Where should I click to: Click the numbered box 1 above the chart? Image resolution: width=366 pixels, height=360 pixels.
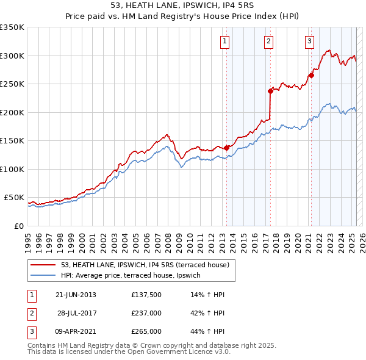[x=224, y=41]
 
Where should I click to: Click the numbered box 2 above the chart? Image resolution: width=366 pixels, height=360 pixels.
[x=268, y=41]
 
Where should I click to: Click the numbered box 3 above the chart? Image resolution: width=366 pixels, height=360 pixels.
[x=309, y=41]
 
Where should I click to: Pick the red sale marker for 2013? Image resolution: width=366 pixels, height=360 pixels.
[x=226, y=148]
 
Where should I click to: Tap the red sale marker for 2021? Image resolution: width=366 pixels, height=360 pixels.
[x=310, y=76]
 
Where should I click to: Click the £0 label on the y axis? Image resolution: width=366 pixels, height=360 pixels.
[x=19, y=226]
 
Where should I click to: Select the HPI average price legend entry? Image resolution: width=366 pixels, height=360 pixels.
[x=134, y=276]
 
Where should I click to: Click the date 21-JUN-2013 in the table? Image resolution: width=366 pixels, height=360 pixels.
[x=76, y=295]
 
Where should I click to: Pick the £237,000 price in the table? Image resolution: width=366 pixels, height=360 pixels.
[x=146, y=313]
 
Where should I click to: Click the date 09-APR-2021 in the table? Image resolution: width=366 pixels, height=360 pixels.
[x=76, y=331]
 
